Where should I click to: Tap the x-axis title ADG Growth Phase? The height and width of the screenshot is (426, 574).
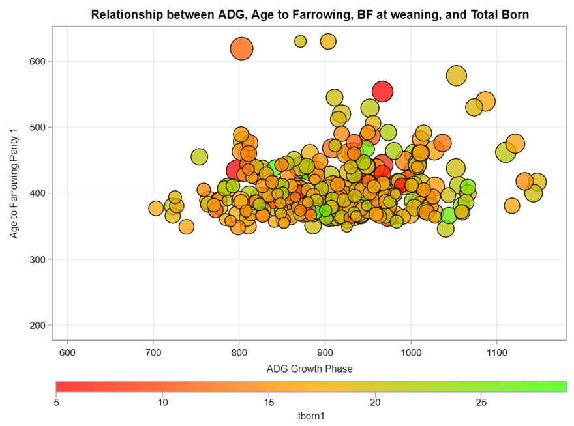pyautogui.click(x=310, y=369)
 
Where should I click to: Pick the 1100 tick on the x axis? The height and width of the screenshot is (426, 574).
pyautogui.click(x=497, y=350)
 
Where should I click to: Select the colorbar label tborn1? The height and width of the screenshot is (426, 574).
pyautogui.click(x=311, y=415)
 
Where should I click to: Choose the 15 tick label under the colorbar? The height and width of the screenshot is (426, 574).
pyautogui.click(x=269, y=402)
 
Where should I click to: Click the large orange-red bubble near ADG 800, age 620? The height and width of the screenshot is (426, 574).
pyautogui.click(x=241, y=48)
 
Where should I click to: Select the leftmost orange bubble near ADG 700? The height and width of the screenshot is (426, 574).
pyautogui.click(x=156, y=208)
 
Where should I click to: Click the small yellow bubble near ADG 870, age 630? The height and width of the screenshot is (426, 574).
pyautogui.click(x=301, y=42)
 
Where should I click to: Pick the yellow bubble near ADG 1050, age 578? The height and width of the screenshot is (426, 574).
pyautogui.click(x=457, y=76)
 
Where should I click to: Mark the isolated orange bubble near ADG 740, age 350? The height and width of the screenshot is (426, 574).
pyautogui.click(x=187, y=227)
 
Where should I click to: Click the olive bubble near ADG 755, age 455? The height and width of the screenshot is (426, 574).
pyautogui.click(x=199, y=157)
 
